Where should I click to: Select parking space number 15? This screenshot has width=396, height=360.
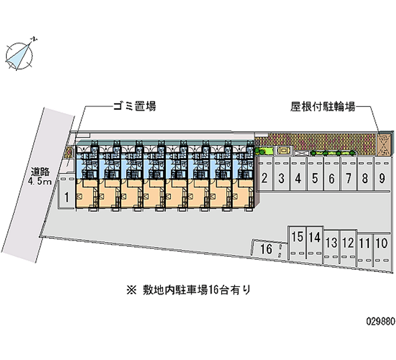tap(297, 237)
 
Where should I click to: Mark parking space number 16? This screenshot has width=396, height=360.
tap(266, 249)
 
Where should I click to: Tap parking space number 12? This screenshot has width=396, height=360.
tap(348, 243)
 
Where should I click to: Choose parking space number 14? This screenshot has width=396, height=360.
tap(314, 237)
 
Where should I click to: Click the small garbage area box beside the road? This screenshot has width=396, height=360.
tap(69, 152)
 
